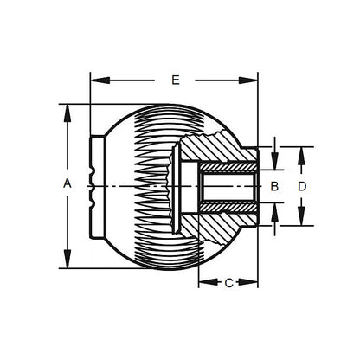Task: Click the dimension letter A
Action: [67, 183]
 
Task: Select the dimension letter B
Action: [273, 186]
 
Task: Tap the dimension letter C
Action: [228, 283]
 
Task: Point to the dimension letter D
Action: [302, 186]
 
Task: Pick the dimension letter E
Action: [175, 80]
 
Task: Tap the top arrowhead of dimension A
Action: [67, 110]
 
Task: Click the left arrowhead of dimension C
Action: [203, 283]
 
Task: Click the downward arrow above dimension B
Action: [273, 163]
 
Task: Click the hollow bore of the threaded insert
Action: [227, 186]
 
